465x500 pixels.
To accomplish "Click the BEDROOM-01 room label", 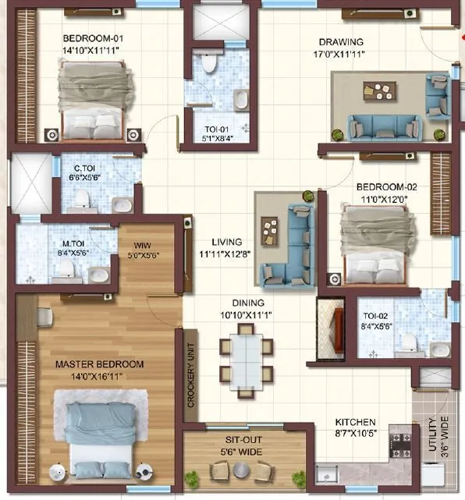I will pos(93,37).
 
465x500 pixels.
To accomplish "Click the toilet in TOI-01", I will pos(208,63).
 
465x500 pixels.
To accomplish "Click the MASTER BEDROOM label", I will pos(99,364).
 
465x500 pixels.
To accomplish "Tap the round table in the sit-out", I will pos(243,470).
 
